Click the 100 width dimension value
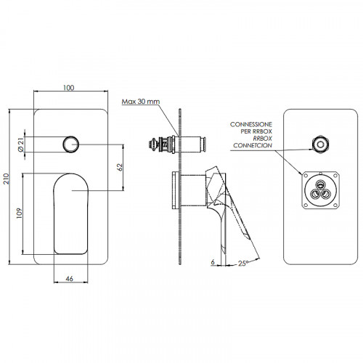click(68, 88)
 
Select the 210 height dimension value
click(6, 179)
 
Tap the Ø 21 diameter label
click(21, 144)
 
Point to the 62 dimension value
click(120, 168)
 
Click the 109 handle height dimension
click(20, 213)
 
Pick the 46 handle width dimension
click(70, 279)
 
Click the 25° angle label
click(243, 263)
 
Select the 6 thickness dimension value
click(213, 262)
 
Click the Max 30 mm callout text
click(141, 102)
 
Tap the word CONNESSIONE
click(251, 124)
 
